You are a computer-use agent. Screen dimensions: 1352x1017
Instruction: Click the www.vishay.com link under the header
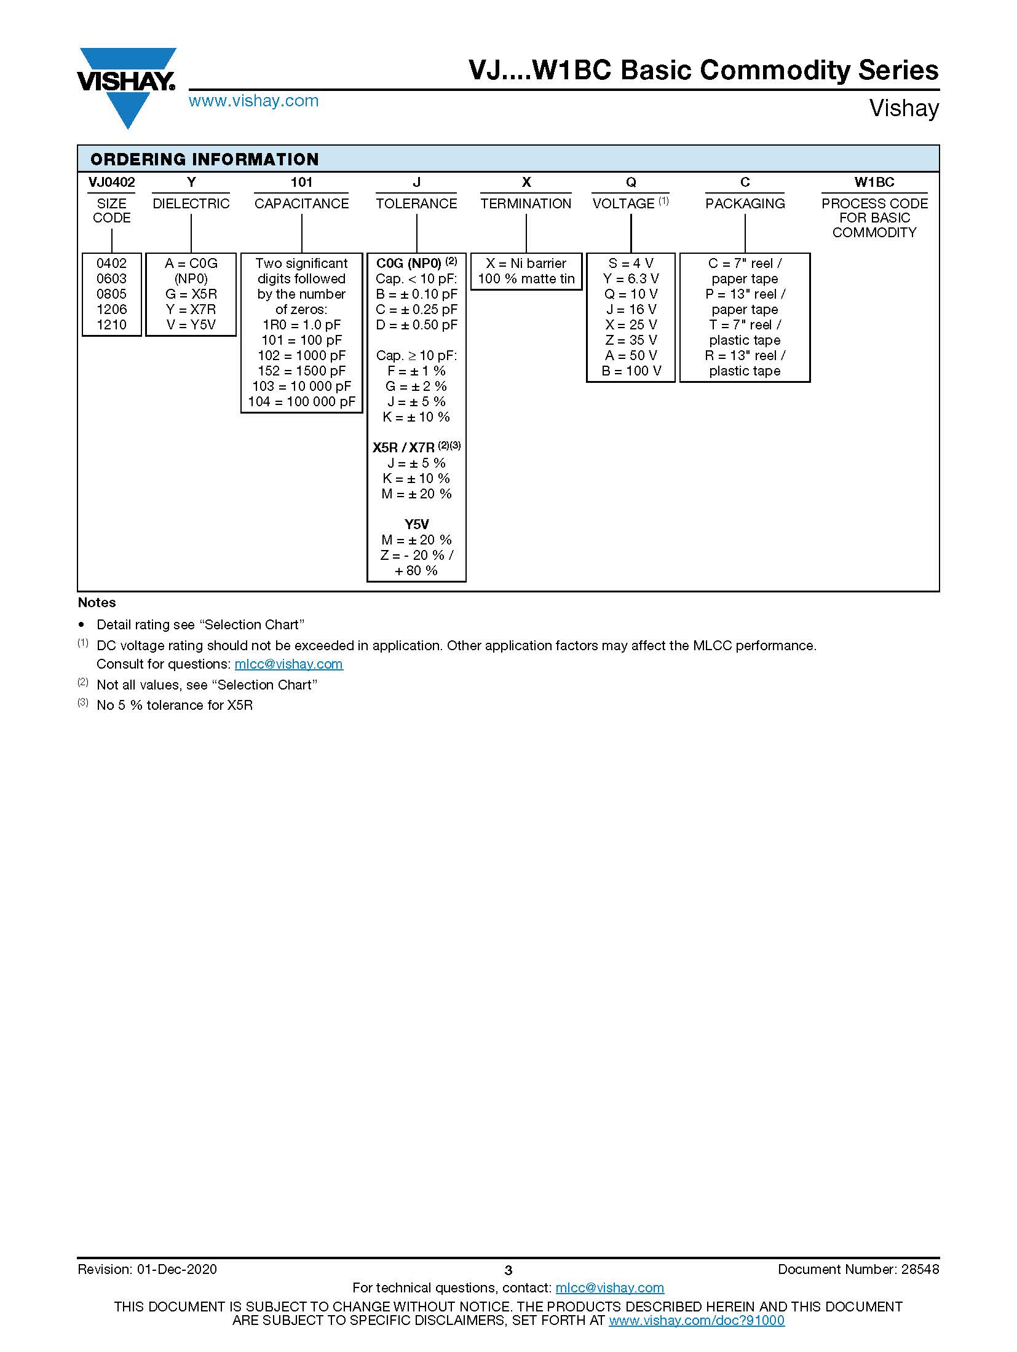coord(253,101)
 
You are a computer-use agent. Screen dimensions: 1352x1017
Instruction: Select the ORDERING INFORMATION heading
coord(204,159)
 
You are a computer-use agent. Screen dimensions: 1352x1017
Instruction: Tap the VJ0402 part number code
coord(111,182)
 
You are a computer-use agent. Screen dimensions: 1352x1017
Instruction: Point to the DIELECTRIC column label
coord(191,203)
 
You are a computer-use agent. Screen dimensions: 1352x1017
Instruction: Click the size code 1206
coord(111,309)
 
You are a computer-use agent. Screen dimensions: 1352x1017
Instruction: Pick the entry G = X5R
coord(191,294)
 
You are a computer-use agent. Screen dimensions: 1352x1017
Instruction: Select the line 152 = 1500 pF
coord(301,371)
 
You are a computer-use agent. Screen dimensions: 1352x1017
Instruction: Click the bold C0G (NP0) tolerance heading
coord(409,263)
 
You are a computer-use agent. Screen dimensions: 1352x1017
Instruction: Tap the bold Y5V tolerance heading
coord(416,524)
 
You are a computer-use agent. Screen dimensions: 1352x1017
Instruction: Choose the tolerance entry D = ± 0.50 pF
coord(416,324)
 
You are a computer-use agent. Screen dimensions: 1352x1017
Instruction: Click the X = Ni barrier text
coord(526,263)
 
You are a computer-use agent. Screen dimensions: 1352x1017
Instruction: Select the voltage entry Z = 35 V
coord(631,340)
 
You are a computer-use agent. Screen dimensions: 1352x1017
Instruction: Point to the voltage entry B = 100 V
coord(631,371)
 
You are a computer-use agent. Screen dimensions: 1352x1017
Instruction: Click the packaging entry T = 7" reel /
coord(745,324)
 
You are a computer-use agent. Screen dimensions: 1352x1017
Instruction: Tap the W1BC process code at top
coord(874,182)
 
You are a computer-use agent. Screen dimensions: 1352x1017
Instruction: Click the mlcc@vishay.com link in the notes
coord(288,664)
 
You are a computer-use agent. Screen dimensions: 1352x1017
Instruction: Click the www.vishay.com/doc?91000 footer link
coord(696,1320)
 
